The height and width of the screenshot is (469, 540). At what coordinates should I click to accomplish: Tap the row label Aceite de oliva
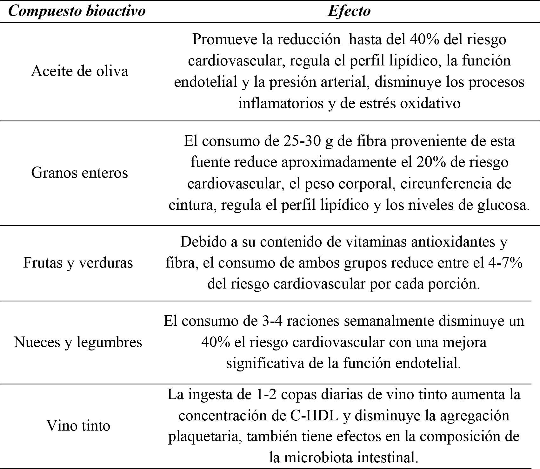80,71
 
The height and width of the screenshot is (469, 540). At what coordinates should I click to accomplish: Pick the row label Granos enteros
80,173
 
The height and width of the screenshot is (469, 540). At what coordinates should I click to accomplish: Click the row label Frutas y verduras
78,263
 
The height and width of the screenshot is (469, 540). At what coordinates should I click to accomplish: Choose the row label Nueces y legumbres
78,342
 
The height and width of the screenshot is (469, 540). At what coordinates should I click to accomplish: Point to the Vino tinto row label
78,425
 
